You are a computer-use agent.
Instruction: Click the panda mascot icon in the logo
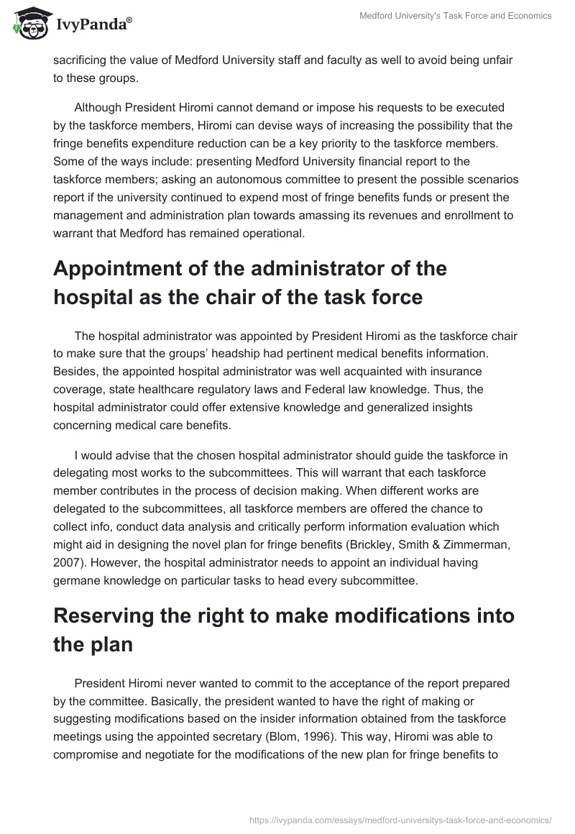pos(27,22)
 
